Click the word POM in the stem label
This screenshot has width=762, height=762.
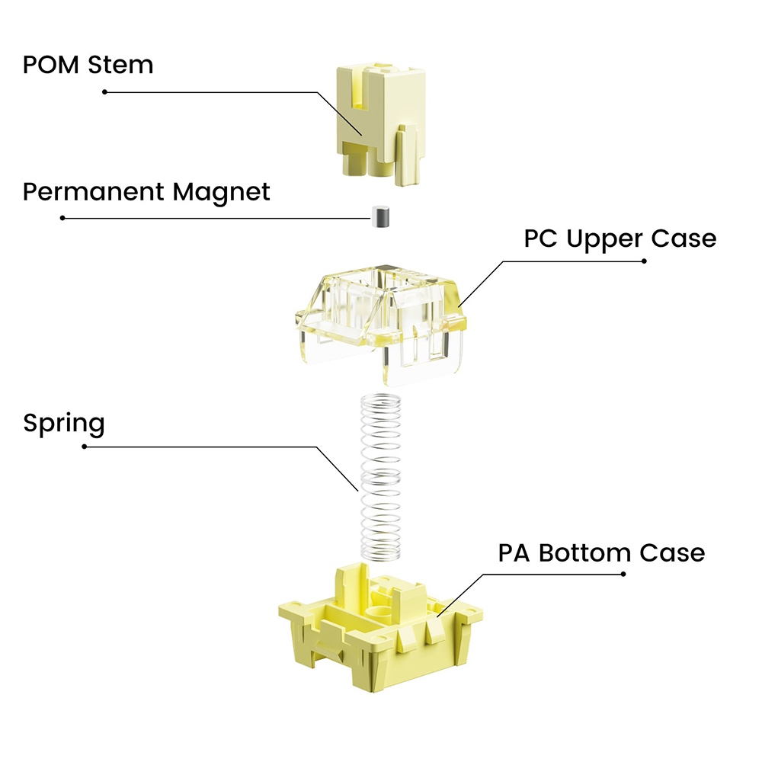click(x=50, y=65)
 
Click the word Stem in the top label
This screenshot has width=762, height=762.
click(x=120, y=65)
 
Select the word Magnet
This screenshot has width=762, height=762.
click(x=221, y=193)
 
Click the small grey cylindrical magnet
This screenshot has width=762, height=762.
click(x=380, y=216)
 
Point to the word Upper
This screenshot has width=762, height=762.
click(x=604, y=239)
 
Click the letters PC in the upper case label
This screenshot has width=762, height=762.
click(x=540, y=239)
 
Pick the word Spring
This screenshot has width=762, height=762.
click(x=64, y=423)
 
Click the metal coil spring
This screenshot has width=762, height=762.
click(x=380, y=477)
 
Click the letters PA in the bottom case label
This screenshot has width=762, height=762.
click(x=514, y=553)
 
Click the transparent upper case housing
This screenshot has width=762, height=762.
click(x=381, y=324)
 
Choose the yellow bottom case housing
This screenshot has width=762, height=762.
click(x=380, y=627)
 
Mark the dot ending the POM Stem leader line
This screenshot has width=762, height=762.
click(x=104, y=92)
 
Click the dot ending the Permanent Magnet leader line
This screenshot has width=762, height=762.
click(x=62, y=218)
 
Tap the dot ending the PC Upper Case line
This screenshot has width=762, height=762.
click(x=644, y=261)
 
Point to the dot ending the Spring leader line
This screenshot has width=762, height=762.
click(x=84, y=447)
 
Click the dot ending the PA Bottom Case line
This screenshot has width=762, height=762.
click(x=623, y=575)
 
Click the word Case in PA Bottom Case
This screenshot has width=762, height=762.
click(x=672, y=553)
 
